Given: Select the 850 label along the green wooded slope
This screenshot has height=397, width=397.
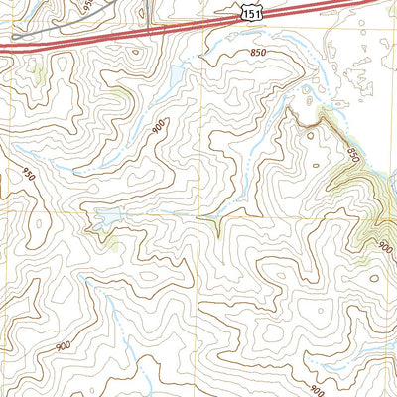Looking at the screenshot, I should pyautogui.click(x=356, y=155).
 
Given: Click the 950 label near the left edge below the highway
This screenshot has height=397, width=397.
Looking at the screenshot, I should pyautogui.click(x=27, y=174).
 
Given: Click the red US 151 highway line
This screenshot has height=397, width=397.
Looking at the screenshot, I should pyautogui.click(x=149, y=37).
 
